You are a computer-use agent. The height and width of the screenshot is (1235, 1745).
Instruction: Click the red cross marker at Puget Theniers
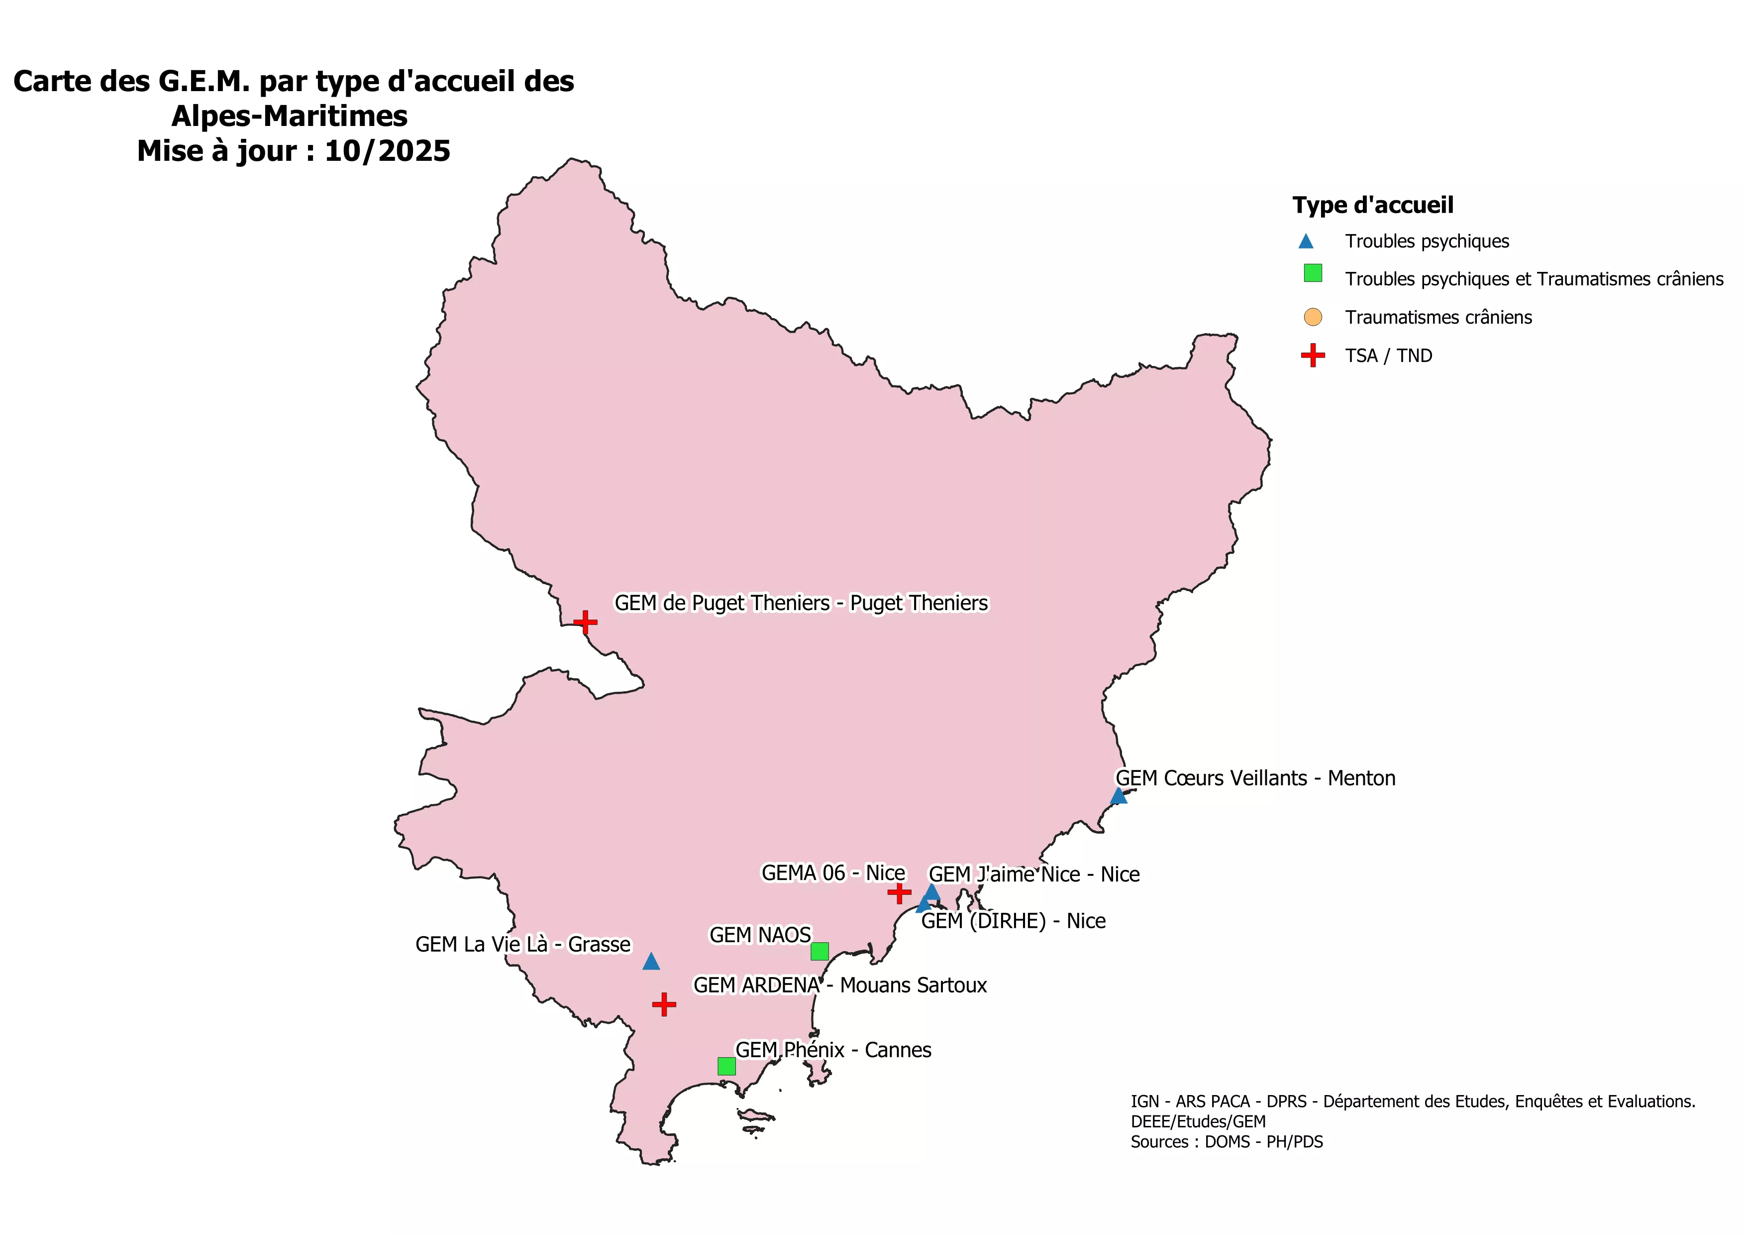click(x=585, y=622)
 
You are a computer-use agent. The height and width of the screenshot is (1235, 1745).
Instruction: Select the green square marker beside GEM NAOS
click(x=820, y=951)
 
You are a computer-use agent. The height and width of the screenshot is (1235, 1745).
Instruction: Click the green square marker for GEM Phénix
click(x=726, y=1066)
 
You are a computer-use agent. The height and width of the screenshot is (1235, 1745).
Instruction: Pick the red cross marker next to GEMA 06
click(x=899, y=892)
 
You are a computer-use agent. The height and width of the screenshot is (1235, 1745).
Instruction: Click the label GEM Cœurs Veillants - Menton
click(x=1255, y=778)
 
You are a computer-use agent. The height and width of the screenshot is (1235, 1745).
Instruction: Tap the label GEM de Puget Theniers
click(x=801, y=603)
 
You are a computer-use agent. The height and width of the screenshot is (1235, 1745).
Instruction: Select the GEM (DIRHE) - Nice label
click(x=1013, y=921)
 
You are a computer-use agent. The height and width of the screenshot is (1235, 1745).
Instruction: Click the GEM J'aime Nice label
click(x=1033, y=874)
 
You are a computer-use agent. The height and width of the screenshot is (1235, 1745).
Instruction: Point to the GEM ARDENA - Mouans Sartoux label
click(x=840, y=986)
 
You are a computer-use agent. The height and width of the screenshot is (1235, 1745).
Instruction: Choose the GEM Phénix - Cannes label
click(x=833, y=1050)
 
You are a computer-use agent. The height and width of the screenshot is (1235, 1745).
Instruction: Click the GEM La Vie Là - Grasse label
click(x=523, y=945)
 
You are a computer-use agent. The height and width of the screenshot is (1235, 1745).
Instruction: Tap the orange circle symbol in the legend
click(x=1313, y=317)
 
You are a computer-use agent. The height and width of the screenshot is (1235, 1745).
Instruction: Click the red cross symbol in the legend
click(x=1313, y=355)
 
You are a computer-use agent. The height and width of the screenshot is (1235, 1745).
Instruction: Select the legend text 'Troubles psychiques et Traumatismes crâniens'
click(x=1534, y=279)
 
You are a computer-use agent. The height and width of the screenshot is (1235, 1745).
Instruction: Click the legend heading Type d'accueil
click(x=1373, y=205)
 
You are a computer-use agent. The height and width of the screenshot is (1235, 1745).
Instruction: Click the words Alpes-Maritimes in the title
click(x=290, y=117)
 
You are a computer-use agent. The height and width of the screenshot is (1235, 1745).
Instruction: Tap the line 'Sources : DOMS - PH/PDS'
click(x=1226, y=1141)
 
